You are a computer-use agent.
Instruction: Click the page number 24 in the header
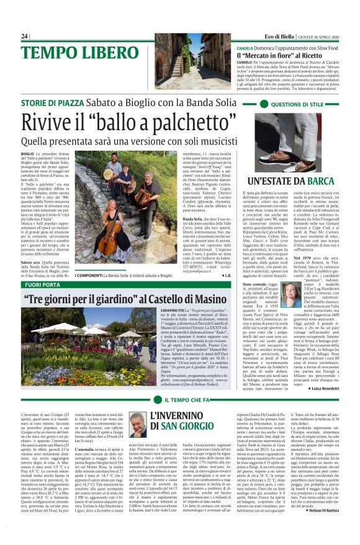coord(25,37)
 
